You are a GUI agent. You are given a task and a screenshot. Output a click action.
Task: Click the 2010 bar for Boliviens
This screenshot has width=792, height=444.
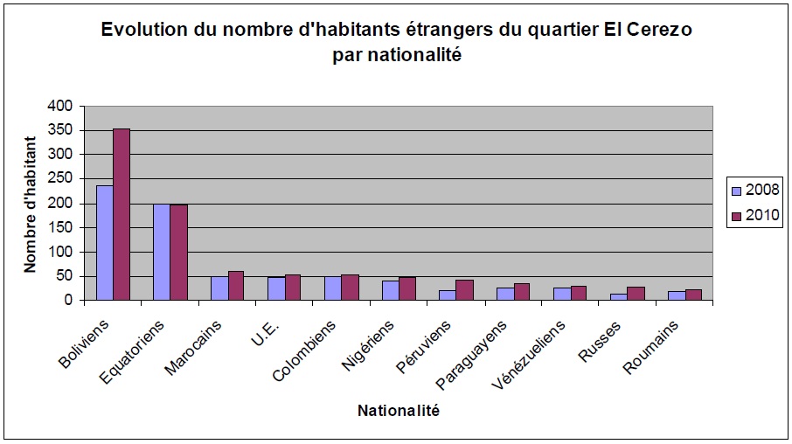[122, 214]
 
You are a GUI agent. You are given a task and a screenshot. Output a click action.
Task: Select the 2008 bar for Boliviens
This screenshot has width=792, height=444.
[105, 242]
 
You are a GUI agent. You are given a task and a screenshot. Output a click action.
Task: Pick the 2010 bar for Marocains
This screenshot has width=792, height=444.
[236, 286]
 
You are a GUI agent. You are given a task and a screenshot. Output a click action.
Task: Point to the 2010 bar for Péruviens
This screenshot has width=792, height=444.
[464, 290]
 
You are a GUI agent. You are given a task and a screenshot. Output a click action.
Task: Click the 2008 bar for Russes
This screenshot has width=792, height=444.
[619, 297]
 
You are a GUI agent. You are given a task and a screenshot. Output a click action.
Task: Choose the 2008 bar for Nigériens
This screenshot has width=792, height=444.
[390, 290]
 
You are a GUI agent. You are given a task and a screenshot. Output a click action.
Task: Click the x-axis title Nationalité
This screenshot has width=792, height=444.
[399, 410]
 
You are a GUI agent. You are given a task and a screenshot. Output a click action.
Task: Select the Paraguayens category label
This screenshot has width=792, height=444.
[471, 347]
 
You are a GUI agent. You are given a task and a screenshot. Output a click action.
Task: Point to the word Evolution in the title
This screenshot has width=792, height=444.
[145, 30]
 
